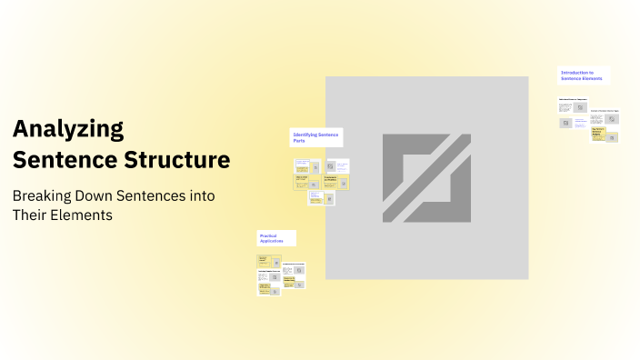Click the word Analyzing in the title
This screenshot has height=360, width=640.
click(68, 129)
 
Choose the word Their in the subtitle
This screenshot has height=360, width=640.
click(31, 215)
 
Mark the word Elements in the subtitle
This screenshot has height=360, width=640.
click(84, 215)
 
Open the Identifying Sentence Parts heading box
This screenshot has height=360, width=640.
click(316, 137)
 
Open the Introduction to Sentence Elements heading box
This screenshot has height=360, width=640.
click(584, 75)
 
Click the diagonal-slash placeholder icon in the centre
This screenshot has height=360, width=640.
click(426, 178)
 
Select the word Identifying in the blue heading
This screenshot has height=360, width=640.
click(306, 135)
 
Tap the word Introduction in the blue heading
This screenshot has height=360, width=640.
click(575, 73)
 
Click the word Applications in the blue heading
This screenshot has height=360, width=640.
click(273, 241)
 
